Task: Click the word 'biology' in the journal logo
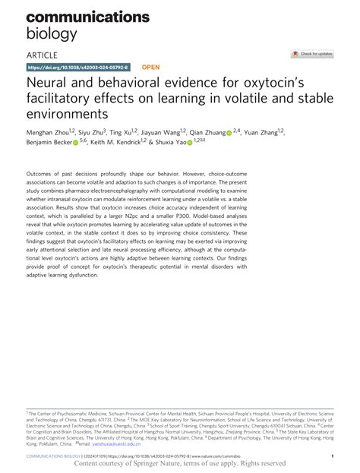click(52, 33)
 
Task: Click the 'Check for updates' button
click(313, 54)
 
